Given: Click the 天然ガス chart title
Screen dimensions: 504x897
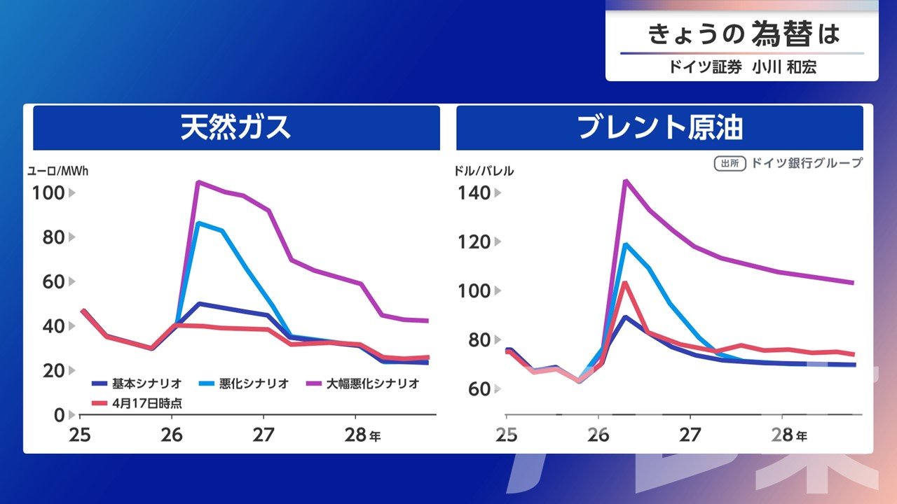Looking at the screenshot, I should [235, 128].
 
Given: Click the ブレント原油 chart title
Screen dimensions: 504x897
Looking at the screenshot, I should [659, 128].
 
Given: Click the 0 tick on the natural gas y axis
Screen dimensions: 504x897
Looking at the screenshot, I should [60, 414].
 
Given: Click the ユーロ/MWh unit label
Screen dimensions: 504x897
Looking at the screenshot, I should [58, 170].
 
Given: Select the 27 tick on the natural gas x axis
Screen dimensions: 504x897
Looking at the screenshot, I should [263, 435].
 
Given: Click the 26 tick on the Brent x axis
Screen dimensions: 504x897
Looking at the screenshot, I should [598, 435].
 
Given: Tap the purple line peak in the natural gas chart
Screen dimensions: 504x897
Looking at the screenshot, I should [198, 182].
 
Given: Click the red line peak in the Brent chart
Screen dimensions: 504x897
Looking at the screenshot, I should [624, 282].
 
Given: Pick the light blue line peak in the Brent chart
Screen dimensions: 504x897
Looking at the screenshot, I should [624, 244].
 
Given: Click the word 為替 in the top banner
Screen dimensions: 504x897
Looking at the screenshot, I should [782, 34].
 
